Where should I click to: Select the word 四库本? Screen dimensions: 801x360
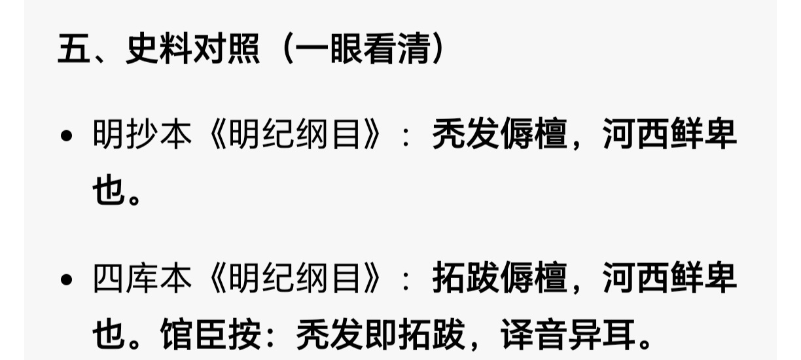point(143,279)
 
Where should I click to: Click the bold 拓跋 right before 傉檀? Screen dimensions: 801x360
point(465,279)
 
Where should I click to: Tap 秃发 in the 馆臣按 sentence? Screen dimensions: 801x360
point(329,335)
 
